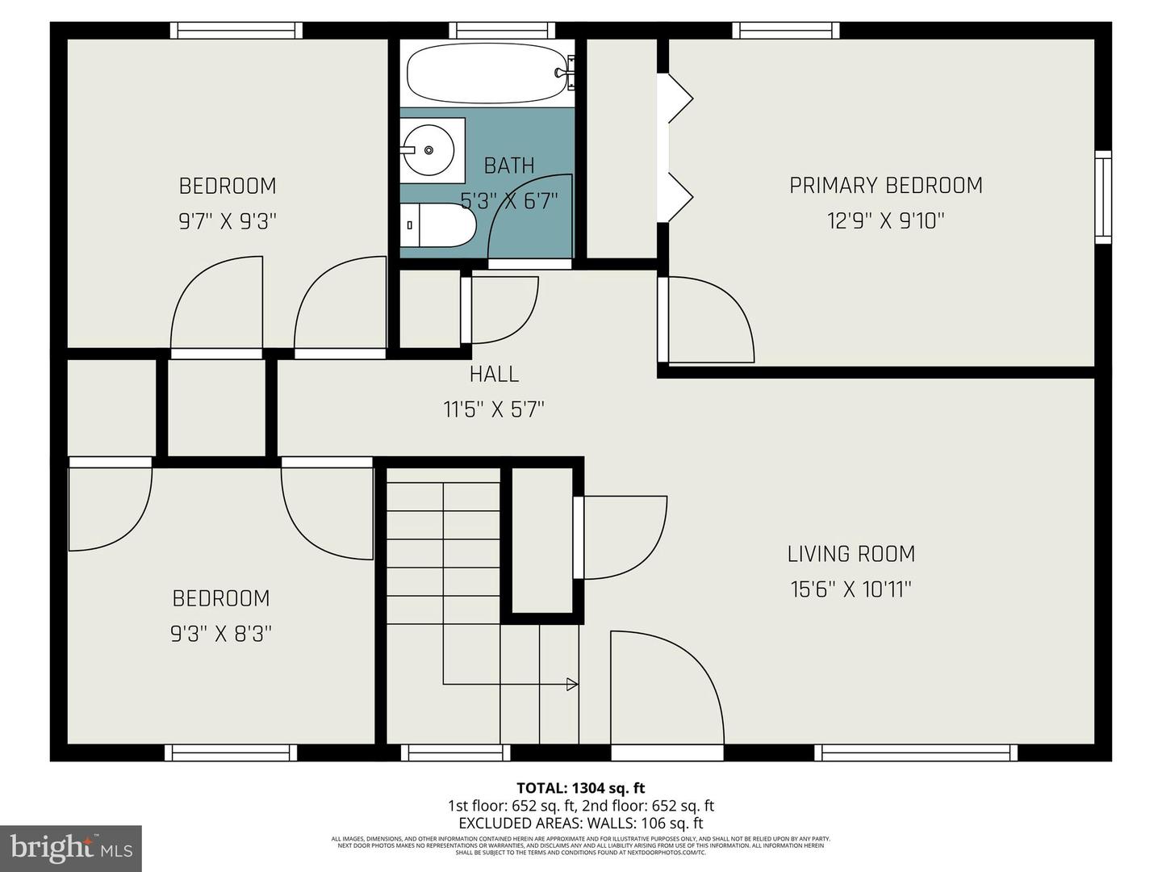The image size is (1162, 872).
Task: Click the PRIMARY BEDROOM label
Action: tap(885, 185)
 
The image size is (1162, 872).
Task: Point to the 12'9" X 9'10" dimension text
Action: tap(885, 220)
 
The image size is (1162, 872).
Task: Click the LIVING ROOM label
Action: tap(851, 554)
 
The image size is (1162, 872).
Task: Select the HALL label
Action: tap(494, 374)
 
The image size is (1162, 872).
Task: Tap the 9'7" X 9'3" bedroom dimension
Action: tap(228, 221)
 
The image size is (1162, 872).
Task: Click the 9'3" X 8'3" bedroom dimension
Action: tap(220, 634)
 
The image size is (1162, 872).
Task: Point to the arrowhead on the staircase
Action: tap(573, 685)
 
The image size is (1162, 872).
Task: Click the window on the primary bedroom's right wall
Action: tap(1102, 196)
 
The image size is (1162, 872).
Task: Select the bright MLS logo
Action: tap(71, 848)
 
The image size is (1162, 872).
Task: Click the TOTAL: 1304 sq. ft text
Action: tap(580, 788)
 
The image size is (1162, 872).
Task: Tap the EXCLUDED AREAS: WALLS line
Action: tap(580, 824)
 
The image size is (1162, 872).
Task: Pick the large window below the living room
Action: tap(915, 753)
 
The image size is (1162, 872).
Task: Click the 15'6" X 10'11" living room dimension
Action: tap(851, 589)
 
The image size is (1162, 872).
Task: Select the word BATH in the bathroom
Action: tap(508, 166)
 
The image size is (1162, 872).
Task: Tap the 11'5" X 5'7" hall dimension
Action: tap(494, 409)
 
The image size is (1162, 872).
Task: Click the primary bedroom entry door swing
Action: tap(710, 319)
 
